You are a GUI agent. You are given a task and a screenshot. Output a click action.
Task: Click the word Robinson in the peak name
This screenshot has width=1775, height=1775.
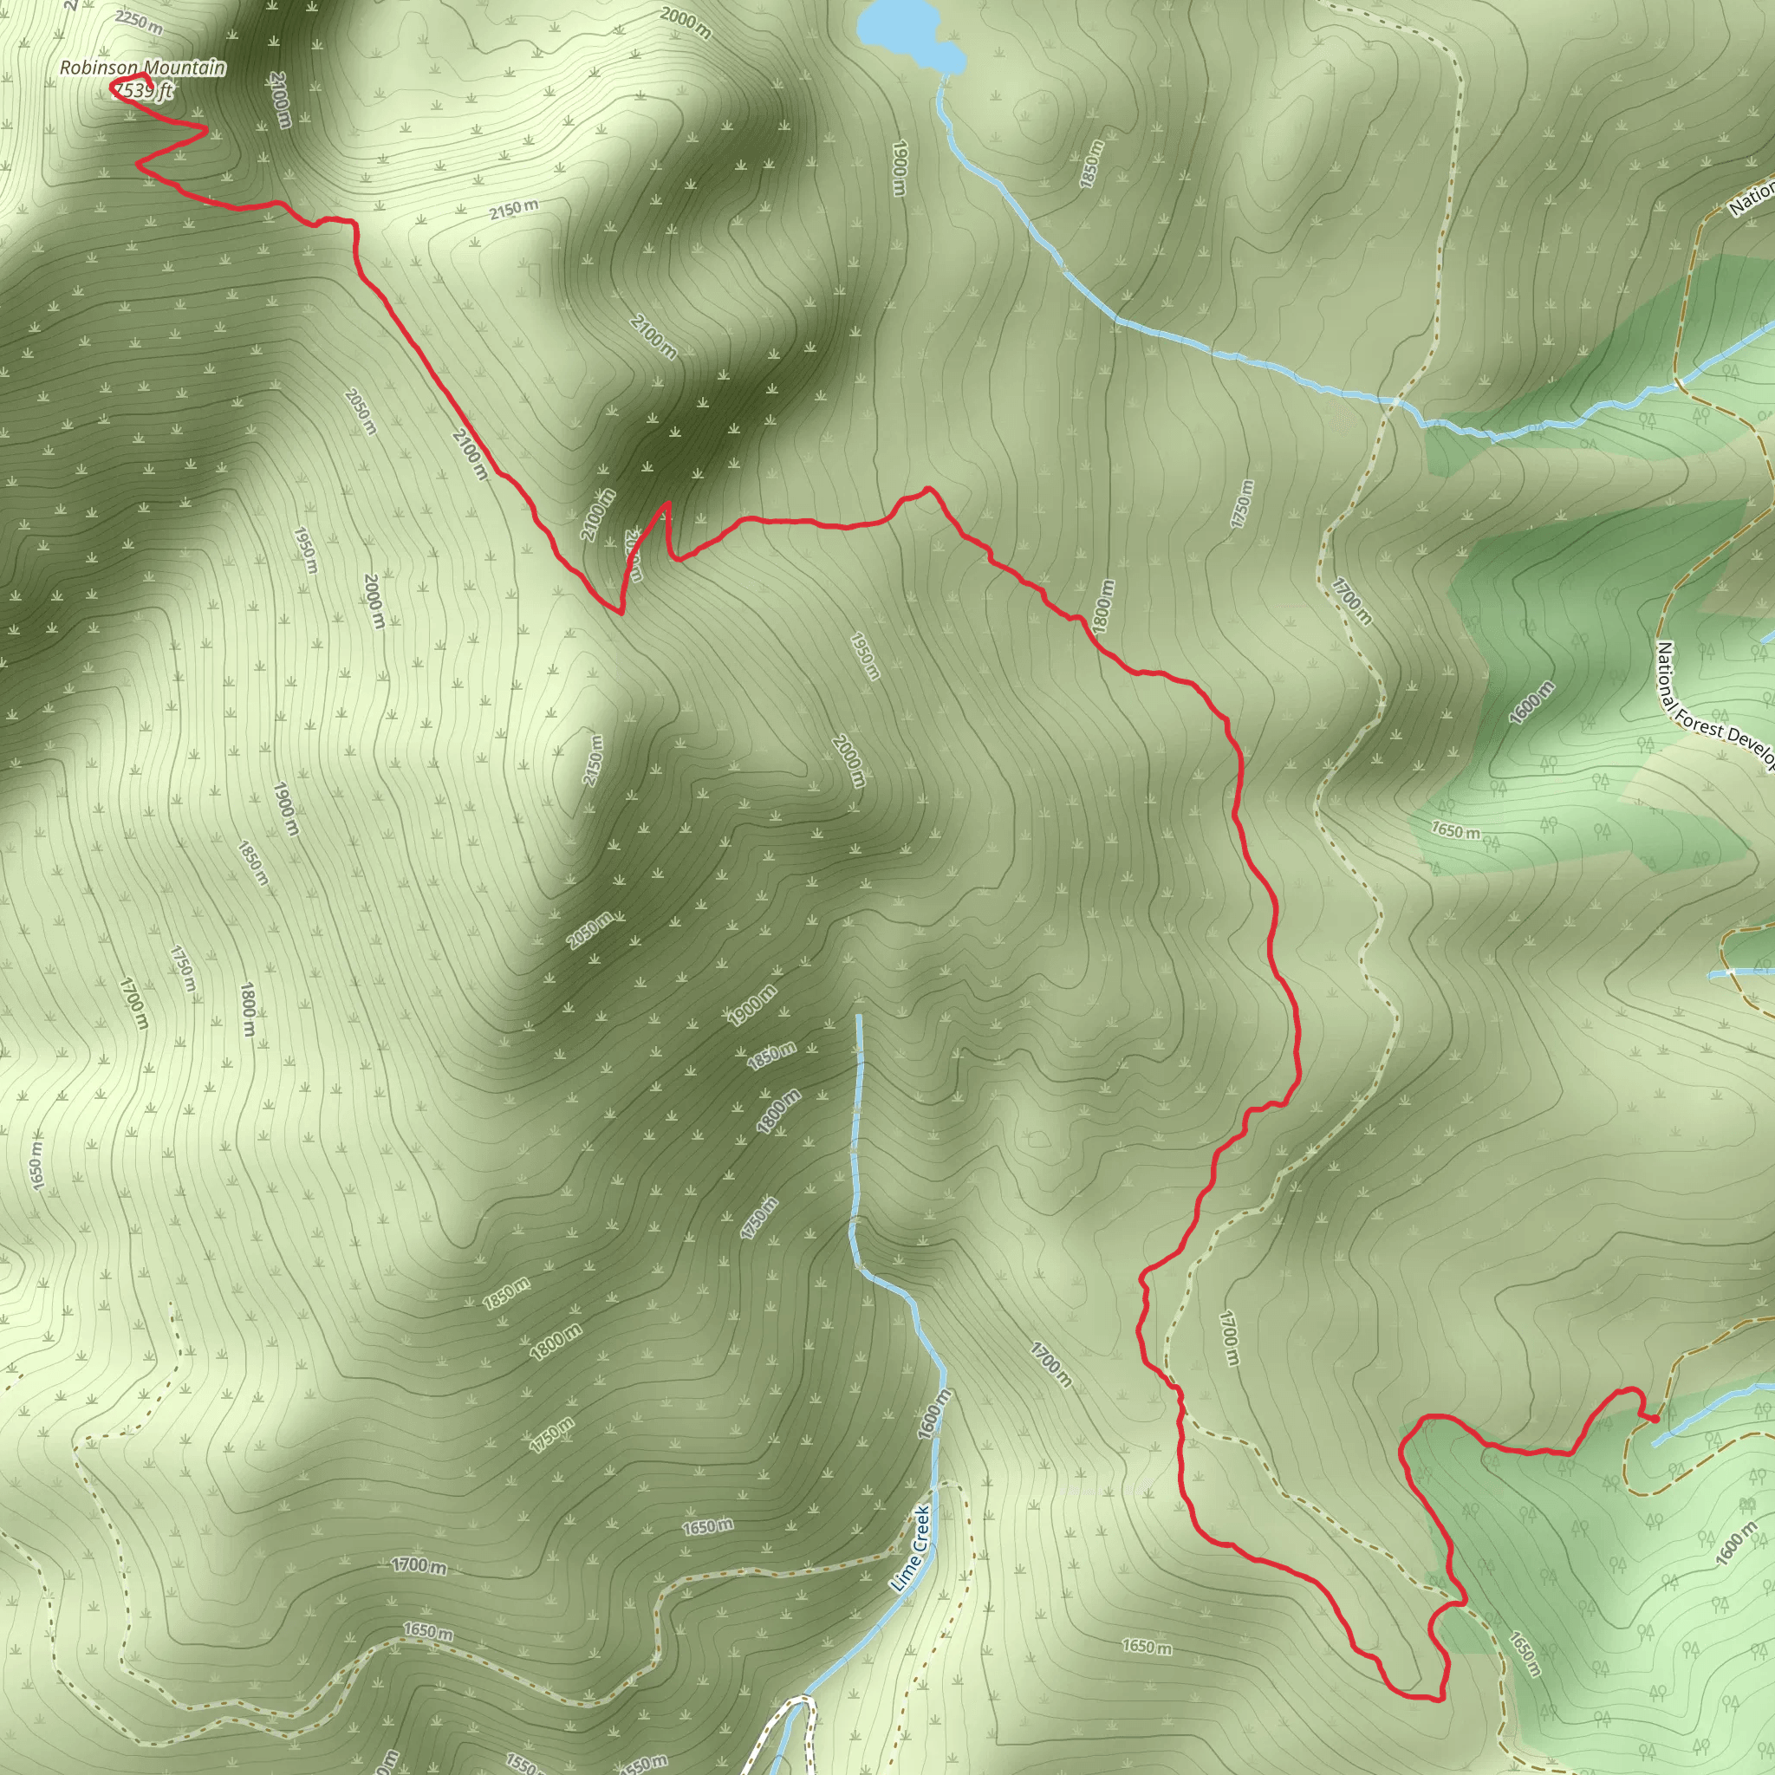(x=98, y=68)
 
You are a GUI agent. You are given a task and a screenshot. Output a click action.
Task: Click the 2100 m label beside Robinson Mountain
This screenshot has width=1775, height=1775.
(x=281, y=99)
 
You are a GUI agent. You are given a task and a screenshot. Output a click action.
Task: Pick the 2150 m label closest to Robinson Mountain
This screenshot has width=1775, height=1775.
(x=514, y=210)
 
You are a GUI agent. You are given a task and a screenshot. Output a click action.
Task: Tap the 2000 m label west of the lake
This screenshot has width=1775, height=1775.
(x=686, y=22)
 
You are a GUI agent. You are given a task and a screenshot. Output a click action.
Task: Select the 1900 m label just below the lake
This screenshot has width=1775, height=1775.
(x=900, y=167)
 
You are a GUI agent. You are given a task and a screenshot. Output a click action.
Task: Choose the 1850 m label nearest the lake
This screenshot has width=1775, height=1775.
(x=1090, y=164)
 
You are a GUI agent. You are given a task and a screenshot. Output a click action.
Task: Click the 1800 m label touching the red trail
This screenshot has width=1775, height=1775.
(x=1103, y=606)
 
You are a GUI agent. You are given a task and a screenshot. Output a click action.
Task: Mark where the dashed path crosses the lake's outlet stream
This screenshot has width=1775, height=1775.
(x=1395, y=400)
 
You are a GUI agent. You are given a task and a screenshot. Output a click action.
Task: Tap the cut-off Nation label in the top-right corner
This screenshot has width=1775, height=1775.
(x=1751, y=198)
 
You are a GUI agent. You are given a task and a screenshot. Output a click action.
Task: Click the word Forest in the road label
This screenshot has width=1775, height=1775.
(x=1700, y=725)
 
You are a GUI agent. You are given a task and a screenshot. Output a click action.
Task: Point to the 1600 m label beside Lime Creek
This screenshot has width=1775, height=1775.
(x=933, y=1414)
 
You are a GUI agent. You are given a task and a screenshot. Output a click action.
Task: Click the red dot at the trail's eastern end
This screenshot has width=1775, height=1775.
(x=1655, y=1420)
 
